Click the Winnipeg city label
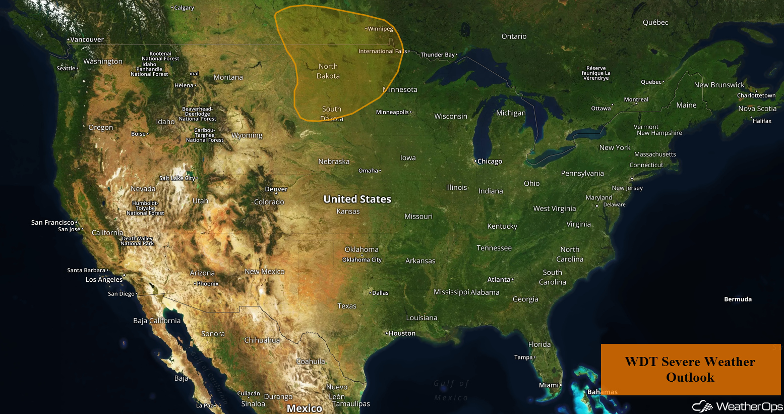point(380,29)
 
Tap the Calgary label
point(184,8)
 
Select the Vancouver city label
point(87,39)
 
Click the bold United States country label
point(357,199)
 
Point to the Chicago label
point(490,162)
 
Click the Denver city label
point(276,189)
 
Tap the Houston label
point(402,333)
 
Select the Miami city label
point(549,385)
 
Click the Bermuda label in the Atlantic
point(738,299)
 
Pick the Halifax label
point(762,121)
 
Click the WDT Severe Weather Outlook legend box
point(690,370)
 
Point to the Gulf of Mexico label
point(451,390)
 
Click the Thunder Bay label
point(438,55)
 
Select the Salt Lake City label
point(177,178)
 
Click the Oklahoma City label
point(362,260)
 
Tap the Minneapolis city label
point(392,112)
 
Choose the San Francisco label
point(52,222)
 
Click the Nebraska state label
point(334,162)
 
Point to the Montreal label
point(636,99)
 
